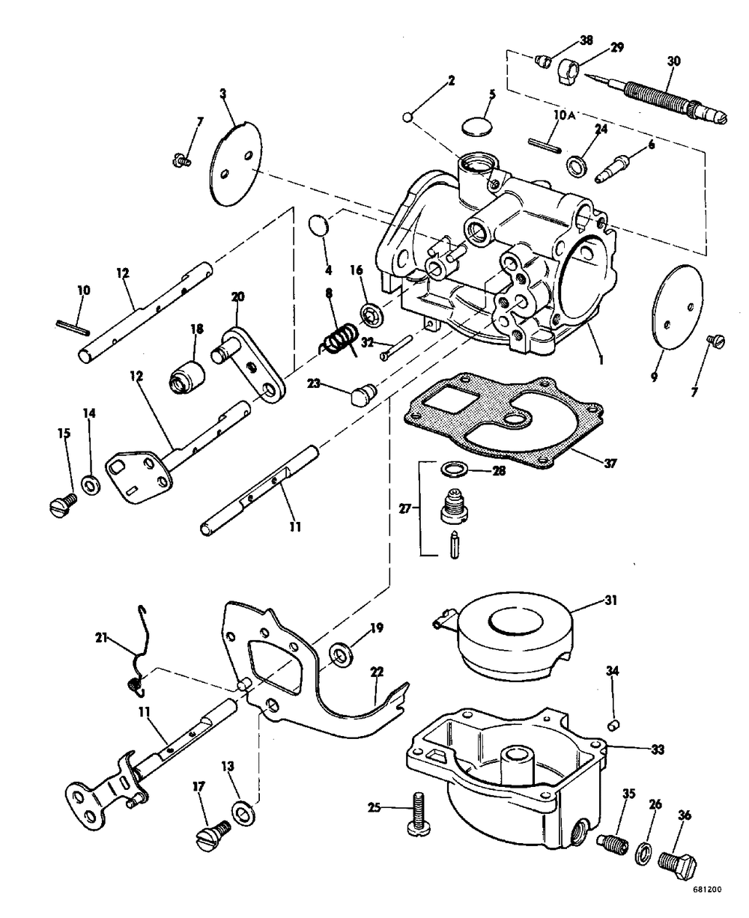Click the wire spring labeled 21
click(139, 659)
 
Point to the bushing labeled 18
click(187, 374)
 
